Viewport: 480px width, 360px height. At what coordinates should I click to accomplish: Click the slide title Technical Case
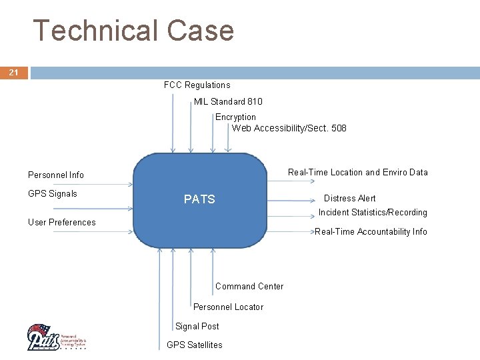[133, 31]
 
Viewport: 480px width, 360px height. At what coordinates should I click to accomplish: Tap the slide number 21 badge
[13, 72]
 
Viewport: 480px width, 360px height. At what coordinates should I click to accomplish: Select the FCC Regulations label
[197, 85]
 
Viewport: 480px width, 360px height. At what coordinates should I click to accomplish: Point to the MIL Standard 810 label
[228, 101]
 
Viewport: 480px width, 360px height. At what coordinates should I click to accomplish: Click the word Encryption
[235, 117]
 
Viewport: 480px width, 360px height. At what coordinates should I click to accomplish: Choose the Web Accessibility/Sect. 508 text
[289, 128]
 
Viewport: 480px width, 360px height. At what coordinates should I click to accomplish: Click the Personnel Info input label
[56, 175]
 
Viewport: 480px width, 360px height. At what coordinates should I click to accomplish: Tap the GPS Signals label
[53, 194]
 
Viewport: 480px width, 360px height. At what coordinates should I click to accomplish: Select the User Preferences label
[62, 222]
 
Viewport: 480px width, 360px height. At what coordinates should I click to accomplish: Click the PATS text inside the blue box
[199, 199]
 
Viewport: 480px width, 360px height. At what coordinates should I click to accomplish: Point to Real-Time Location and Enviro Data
[357, 172]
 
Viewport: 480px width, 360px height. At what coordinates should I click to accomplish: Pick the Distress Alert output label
[349, 198]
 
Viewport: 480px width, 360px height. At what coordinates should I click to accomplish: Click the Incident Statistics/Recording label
[373, 212]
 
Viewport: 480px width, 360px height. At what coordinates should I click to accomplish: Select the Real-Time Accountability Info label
[371, 231]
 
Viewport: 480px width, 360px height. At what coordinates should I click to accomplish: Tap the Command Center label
[249, 286]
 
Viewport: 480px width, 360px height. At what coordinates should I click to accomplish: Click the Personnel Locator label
[228, 307]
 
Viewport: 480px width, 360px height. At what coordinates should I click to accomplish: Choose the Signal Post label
[197, 326]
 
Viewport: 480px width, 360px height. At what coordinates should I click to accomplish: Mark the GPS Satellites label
[194, 345]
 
